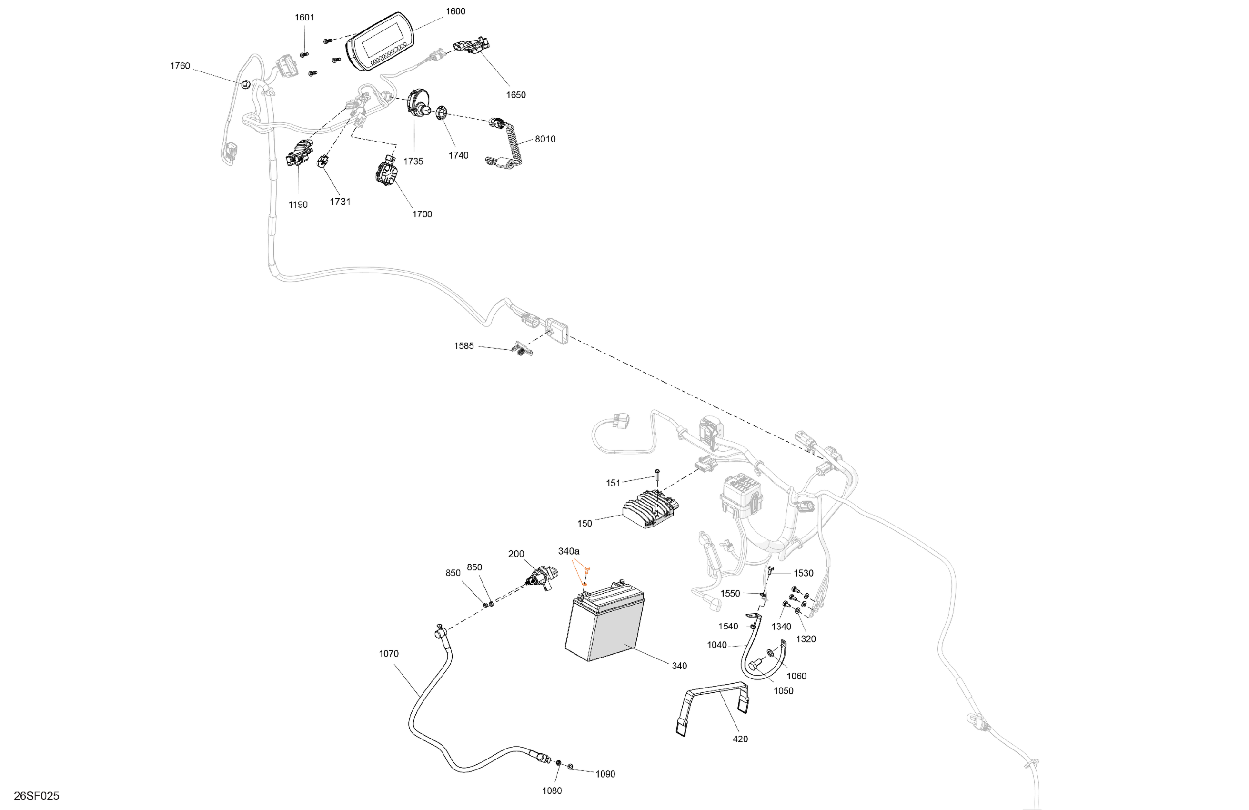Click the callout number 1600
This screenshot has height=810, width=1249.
tap(455, 11)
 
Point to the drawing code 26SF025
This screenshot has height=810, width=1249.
tap(37, 796)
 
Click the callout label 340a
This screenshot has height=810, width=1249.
tap(569, 551)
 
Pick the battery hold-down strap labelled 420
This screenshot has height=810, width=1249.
tap(712, 709)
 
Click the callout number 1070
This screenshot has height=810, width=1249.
tap(389, 654)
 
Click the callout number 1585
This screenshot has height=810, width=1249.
tap(464, 346)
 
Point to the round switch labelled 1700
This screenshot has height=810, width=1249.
tap(387, 171)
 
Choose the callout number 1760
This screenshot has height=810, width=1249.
tap(180, 66)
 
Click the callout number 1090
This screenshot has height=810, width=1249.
tap(605, 774)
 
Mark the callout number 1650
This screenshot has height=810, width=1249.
tap(516, 95)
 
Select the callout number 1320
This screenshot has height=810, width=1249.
tap(806, 639)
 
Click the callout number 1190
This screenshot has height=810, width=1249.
tap(298, 205)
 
